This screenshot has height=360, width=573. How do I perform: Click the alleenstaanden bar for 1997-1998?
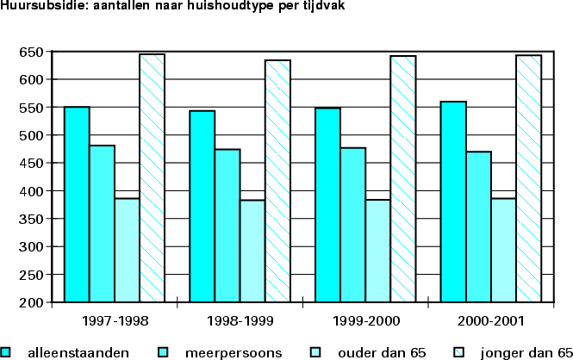click(x=77, y=204)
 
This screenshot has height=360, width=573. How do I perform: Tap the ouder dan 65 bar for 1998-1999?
click(x=252, y=251)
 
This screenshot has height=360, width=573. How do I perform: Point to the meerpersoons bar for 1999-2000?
click(x=353, y=225)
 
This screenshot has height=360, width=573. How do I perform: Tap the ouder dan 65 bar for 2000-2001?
click(x=503, y=250)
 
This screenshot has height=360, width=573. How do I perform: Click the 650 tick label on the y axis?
click(x=29, y=52)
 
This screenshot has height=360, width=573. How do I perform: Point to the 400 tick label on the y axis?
click(x=29, y=191)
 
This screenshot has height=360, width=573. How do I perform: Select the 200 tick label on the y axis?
click(x=29, y=302)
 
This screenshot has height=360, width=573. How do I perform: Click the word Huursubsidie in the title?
click(x=34, y=7)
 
